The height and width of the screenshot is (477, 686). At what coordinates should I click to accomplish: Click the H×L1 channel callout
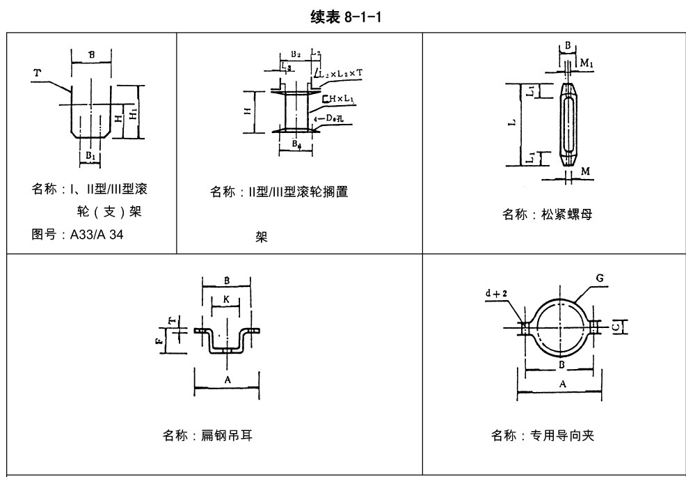(339, 99)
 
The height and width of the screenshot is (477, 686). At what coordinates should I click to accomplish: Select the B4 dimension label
(297, 145)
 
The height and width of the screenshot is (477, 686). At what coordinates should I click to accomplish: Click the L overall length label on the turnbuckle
(511, 123)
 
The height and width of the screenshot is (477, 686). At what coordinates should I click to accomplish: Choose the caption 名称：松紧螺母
(548, 215)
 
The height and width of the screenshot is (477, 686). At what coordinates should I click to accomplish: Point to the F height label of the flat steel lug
(159, 342)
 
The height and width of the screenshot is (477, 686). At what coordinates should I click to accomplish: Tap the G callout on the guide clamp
(599, 279)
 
